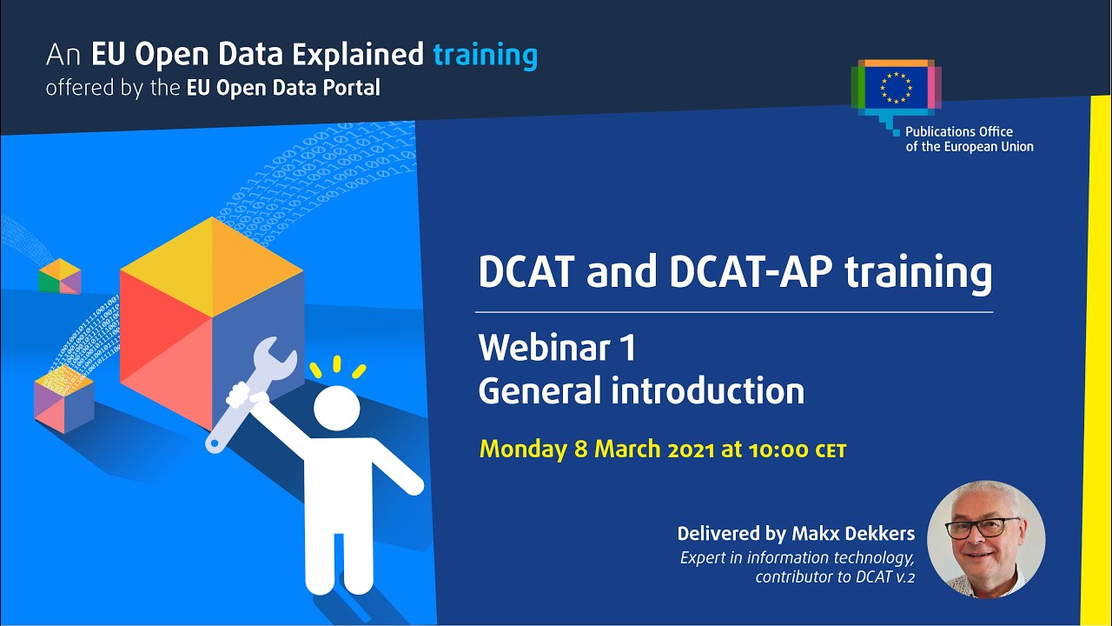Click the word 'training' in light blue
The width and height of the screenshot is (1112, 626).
(x=485, y=56)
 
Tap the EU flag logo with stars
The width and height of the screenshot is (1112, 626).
(x=895, y=88)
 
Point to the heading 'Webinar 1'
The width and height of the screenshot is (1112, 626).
(x=557, y=348)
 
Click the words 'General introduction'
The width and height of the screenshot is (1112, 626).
(x=640, y=390)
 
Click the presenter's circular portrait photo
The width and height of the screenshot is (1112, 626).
(x=986, y=539)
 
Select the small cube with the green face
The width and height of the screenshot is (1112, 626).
(x=59, y=276)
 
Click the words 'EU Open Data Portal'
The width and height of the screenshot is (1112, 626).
(x=283, y=88)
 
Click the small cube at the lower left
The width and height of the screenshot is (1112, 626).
(x=63, y=400)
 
